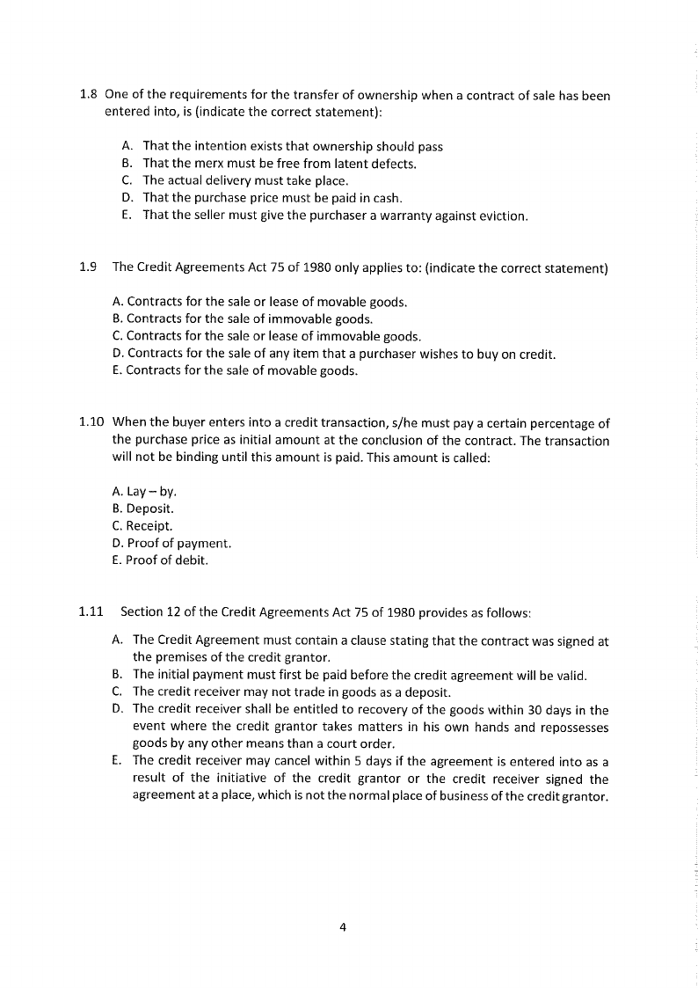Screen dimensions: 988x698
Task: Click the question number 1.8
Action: (88, 95)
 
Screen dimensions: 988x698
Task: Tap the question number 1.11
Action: (91, 611)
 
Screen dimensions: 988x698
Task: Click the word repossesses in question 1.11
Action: (573, 728)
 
